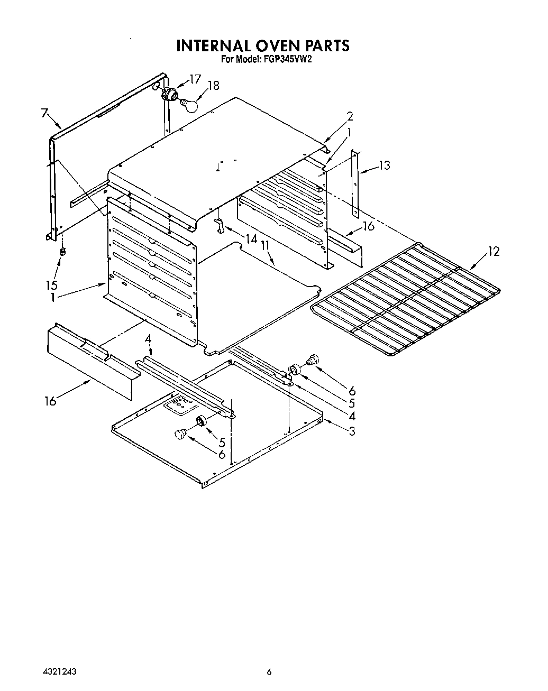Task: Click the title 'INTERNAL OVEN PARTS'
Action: [263, 46]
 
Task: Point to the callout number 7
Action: [44, 113]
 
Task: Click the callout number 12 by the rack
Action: [493, 252]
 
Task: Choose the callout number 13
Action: [385, 165]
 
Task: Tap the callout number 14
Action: [251, 239]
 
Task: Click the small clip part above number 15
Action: [62, 251]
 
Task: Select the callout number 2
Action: [350, 116]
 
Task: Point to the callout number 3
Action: [351, 431]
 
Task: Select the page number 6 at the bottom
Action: [269, 672]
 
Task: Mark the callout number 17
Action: [195, 79]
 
